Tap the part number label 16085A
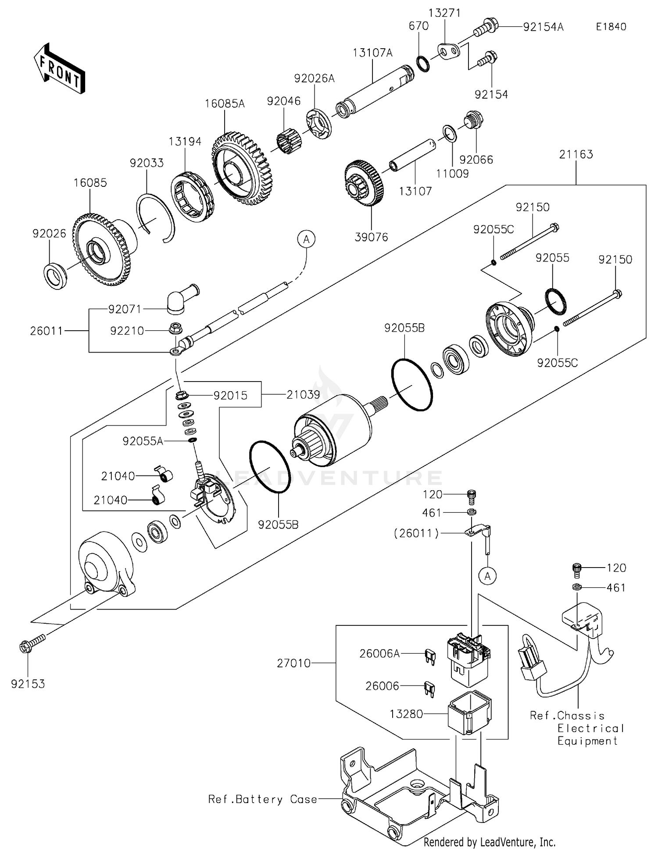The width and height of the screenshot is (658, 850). coord(225,104)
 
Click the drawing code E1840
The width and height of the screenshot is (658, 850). coord(611,27)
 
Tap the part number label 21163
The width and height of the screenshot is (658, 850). coord(576,154)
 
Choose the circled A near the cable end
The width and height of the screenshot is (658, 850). coord(306,239)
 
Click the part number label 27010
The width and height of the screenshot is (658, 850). coord(293,663)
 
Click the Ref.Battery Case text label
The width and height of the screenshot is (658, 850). coord(262,799)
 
